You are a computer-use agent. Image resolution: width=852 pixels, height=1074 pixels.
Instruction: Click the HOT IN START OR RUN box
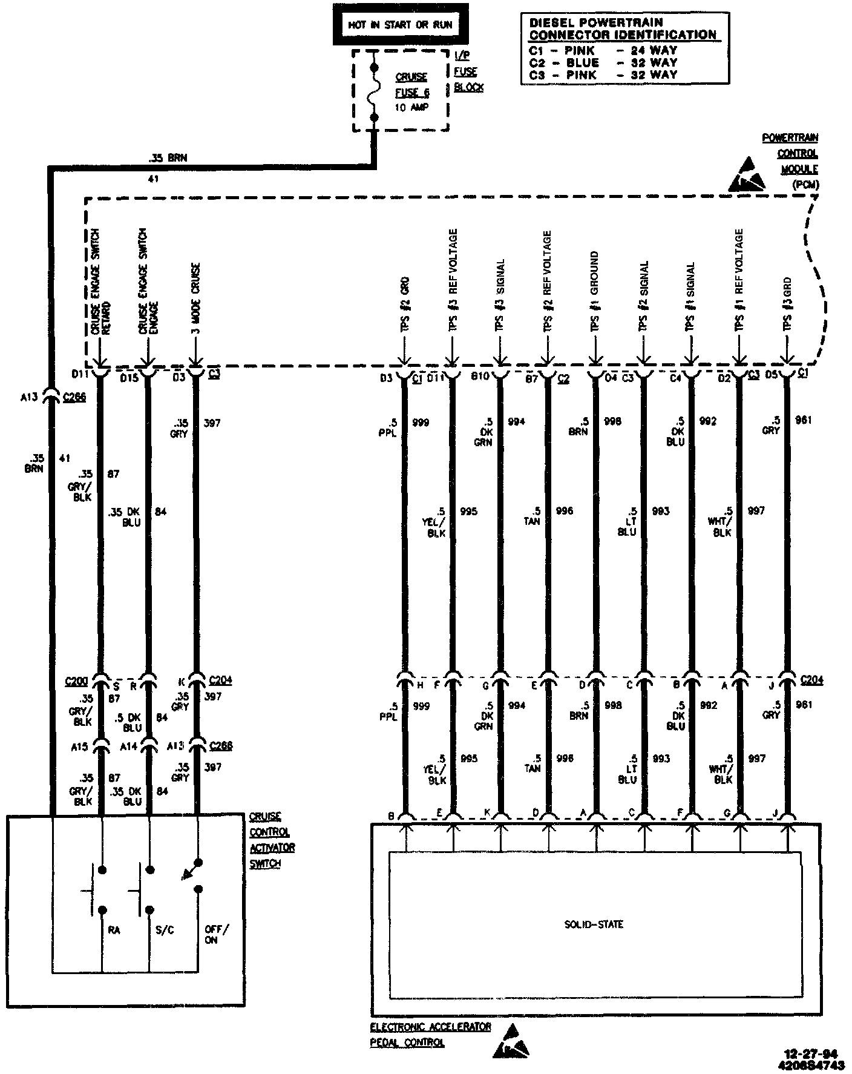coord(400,25)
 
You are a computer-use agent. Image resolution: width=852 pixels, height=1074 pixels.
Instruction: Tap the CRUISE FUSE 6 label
coord(411,85)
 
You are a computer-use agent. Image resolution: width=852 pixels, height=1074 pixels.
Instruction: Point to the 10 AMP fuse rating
coord(411,107)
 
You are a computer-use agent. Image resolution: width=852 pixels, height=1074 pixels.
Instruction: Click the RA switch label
coord(113,929)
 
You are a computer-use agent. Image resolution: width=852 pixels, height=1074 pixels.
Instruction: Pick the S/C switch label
coord(164,929)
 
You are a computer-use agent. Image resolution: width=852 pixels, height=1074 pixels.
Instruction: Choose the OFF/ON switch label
coord(216,935)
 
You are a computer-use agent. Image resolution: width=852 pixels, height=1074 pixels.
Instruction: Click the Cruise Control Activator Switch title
coord(272,840)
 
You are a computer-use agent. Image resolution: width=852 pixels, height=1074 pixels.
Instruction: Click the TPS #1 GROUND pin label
coord(595,291)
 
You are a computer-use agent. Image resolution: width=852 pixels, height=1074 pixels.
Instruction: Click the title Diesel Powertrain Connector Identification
coord(623,29)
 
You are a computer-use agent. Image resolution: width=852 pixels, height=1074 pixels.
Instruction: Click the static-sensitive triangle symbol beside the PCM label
coord(749,175)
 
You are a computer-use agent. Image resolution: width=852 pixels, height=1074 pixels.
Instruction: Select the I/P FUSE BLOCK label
coord(468,71)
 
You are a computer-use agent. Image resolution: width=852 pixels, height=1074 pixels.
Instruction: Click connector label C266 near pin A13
coord(74,397)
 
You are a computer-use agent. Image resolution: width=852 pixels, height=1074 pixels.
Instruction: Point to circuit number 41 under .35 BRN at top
coord(153,179)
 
